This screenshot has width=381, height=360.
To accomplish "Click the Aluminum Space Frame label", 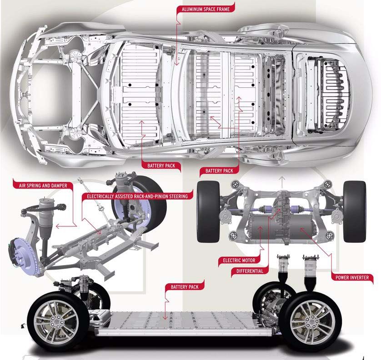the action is point(206,9).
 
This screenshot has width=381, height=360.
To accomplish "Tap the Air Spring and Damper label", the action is point(43,185).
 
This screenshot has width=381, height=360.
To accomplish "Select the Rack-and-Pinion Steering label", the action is point(137,196).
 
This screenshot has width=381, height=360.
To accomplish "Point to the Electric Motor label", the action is point(239,260).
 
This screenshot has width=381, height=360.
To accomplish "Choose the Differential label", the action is point(250,271).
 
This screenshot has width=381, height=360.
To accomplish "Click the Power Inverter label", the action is point(352,277).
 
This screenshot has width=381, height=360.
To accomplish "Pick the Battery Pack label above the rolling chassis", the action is point(185,287).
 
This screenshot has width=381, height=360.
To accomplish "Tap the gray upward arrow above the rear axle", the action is point(282,182).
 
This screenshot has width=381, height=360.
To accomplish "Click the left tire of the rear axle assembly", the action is point(208,211).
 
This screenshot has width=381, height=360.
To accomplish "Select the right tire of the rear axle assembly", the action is point(355,211).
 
